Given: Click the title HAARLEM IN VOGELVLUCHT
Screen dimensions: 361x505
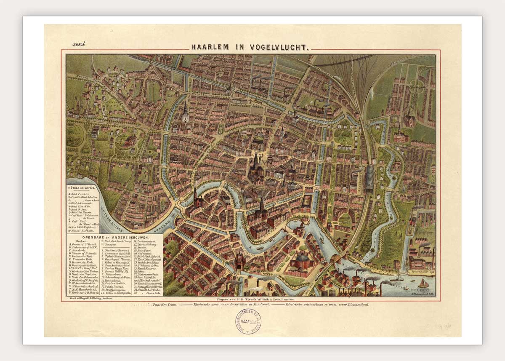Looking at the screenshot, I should click(251, 47).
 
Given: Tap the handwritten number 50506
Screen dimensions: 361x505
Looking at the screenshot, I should click(79, 44).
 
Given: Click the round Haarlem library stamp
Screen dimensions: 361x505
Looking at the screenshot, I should click(248, 321).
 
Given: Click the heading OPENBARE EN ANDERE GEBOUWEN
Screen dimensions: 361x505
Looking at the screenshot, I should click(114, 237).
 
